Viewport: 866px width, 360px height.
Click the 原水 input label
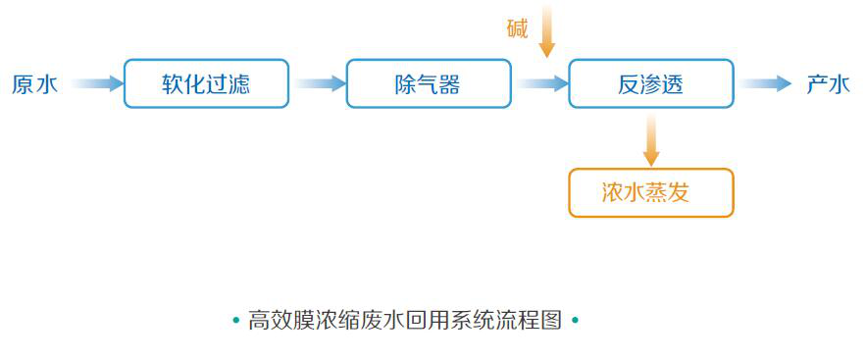click(34, 84)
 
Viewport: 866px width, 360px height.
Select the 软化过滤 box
click(206, 83)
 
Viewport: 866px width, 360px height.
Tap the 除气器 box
click(429, 83)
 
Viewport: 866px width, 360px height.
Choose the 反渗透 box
click(651, 83)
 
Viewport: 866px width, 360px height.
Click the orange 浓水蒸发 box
click(651, 192)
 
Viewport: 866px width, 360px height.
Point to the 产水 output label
click(828, 84)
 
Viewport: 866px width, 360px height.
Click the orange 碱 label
click(518, 28)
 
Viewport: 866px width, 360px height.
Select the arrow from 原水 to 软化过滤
click(97, 83)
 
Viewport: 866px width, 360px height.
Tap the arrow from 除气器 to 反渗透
click(542, 83)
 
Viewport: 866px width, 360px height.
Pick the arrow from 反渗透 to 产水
click(766, 83)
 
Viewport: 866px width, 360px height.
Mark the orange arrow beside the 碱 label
click(547, 30)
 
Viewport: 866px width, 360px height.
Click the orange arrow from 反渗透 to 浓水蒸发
click(651, 139)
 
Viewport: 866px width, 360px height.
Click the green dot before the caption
click(236, 320)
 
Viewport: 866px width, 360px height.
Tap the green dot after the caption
click(575, 320)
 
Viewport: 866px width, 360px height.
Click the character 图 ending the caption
click(551, 320)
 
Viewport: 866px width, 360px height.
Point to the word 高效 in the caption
click(270, 320)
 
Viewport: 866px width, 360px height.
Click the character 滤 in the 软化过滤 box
click(239, 84)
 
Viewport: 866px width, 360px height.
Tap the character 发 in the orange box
click(679, 193)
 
